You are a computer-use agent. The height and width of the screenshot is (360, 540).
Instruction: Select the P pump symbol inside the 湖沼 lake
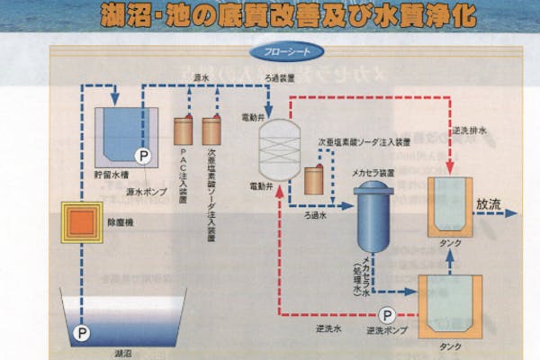click(x=82, y=332)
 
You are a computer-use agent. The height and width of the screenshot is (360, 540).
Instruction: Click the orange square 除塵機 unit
click(x=80, y=220)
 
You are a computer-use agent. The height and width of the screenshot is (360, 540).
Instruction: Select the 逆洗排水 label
click(x=472, y=131)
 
